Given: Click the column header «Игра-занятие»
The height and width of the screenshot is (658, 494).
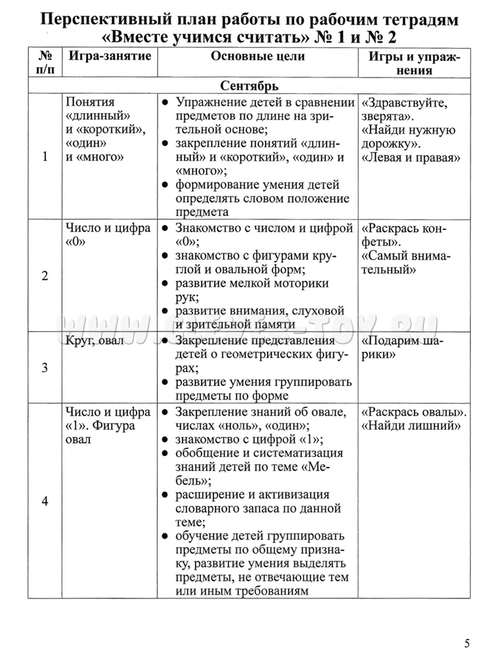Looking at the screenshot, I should point(108,57).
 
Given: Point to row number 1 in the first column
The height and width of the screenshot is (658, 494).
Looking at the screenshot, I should point(45,156).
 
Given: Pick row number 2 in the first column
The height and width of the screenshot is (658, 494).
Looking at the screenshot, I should point(45,276).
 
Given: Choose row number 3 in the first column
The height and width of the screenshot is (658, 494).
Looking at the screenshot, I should point(45,367).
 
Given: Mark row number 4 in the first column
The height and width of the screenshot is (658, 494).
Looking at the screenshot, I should point(45,501).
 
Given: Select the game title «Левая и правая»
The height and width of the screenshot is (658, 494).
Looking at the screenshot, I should point(410,158).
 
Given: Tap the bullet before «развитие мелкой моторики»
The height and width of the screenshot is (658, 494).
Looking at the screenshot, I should point(166,283).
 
